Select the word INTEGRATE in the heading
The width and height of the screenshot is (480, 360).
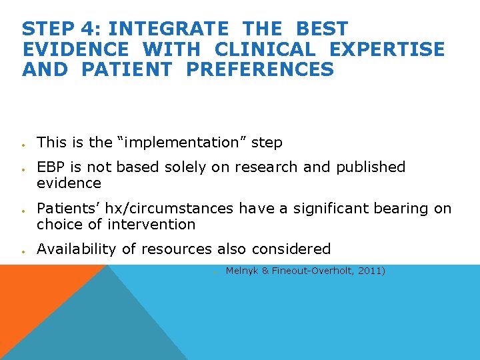168,29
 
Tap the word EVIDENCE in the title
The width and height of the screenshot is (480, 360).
75,49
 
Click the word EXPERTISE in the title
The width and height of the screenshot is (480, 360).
388,49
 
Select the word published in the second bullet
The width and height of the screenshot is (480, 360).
371,167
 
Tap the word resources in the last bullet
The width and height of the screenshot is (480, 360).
181,249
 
